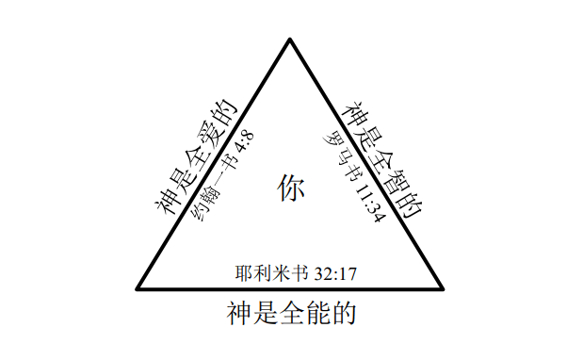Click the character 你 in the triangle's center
pos(291,188)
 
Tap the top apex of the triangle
pos(290,39)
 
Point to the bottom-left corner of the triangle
pos(138,288)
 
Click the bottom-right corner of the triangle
pos(443,288)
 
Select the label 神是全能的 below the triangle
pos(292,313)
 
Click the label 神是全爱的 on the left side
pos(196,157)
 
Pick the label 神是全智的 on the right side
pos(383,159)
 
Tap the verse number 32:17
pos(335,274)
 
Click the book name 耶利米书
pos(272,273)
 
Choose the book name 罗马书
pos(339,155)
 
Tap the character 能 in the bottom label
pos(317,313)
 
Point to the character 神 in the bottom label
pos(239,313)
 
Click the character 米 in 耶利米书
pos(282,273)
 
